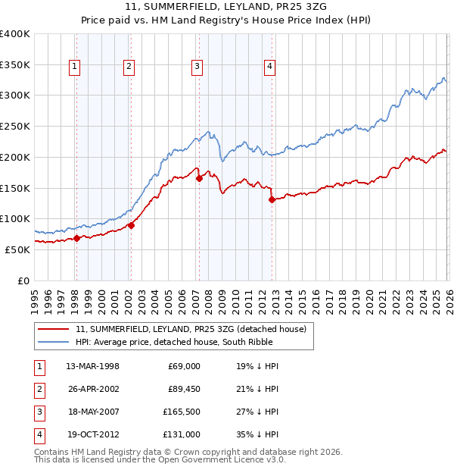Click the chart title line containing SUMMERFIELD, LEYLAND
[227, 8]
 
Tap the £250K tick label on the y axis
[15, 127]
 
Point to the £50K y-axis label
[17, 249]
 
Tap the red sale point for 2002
[131, 225]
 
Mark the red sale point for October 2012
[271, 200]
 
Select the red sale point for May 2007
[199, 179]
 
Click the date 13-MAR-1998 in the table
[93, 366]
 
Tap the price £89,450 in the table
[184, 389]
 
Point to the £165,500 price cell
[182, 412]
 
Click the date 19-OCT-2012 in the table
[93, 434]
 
